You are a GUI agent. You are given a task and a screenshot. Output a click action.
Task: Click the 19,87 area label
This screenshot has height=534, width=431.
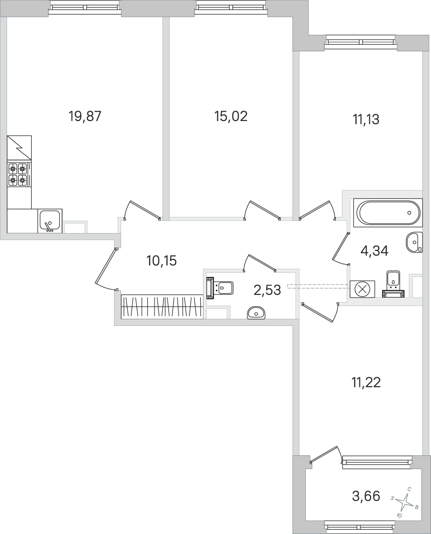point(85,116)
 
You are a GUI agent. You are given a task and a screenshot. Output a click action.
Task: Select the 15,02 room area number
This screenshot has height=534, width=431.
point(231,116)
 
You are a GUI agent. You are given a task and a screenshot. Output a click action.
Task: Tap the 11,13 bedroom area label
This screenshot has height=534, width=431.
point(366,120)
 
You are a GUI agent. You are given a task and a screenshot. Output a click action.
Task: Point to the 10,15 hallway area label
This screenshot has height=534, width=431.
point(162,260)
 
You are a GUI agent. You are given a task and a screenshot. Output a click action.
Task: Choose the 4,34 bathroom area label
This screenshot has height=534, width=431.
point(374,251)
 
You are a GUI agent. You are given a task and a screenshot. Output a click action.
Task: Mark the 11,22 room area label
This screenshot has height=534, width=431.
point(366,382)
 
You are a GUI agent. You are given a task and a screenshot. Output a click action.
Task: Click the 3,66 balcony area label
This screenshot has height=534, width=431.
point(366,496)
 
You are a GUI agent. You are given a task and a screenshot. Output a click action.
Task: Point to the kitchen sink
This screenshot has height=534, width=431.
point(49,221)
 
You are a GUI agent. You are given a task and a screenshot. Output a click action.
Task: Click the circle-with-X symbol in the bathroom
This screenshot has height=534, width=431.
point(362,289)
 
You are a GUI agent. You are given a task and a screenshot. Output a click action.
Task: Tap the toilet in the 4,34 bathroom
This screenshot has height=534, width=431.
point(393,284)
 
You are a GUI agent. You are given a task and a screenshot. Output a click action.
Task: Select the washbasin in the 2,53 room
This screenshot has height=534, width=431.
point(256,312)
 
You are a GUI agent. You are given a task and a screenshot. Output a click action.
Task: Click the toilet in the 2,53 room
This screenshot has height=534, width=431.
point(220,287)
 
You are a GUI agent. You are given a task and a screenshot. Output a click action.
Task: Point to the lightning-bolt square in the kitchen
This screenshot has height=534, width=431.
point(19,147)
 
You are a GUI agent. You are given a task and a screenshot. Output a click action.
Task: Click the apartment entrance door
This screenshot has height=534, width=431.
point(105,267)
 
